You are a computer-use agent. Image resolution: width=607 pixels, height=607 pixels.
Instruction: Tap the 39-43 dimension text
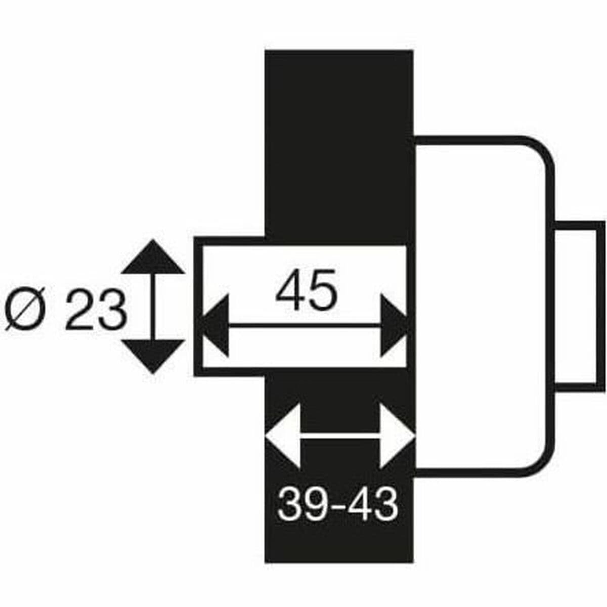338,504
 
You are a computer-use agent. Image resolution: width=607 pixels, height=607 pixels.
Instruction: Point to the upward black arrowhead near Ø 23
153,257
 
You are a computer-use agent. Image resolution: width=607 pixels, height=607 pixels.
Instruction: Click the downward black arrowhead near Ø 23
153,356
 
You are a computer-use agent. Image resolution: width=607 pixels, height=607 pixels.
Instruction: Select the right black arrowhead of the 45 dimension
393,326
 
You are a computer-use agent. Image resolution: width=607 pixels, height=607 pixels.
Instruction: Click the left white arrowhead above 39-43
284,436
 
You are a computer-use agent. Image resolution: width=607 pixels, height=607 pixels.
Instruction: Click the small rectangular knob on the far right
580,307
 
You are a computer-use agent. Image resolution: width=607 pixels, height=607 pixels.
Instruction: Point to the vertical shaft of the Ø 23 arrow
153,307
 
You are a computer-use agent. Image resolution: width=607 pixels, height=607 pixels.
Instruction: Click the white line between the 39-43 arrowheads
340,436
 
